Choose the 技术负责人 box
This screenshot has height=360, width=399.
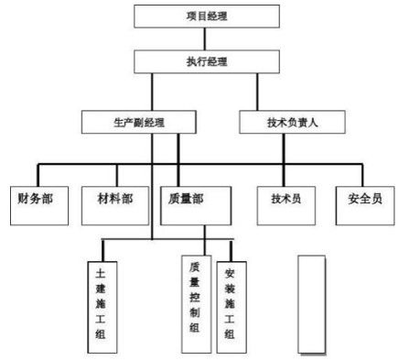(x=291, y=121)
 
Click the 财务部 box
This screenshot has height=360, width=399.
(x=35, y=197)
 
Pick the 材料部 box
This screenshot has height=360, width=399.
(x=113, y=197)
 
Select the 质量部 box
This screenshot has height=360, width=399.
(x=191, y=197)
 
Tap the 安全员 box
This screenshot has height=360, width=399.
(x=364, y=197)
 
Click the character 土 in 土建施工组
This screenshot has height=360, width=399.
(x=102, y=273)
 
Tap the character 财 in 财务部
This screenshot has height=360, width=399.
(x=24, y=197)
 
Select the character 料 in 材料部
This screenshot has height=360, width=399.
(x=113, y=197)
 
